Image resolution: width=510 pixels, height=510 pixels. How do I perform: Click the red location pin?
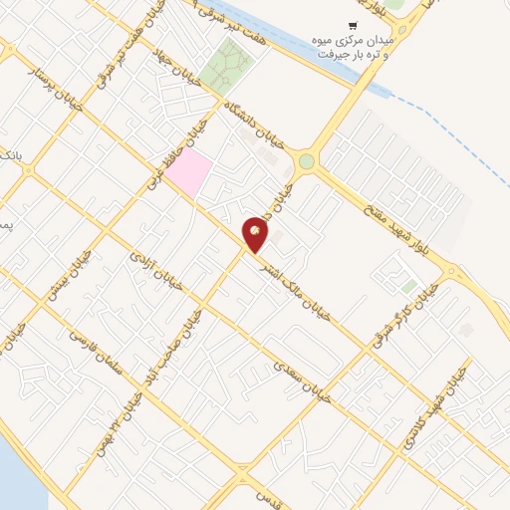pos(256,233)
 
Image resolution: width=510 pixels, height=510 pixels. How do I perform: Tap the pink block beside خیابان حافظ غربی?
pos(189,172)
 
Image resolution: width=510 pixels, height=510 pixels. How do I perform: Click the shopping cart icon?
pos(352,26)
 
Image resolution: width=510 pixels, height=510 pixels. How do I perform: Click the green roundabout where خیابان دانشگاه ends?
pos(306,161)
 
